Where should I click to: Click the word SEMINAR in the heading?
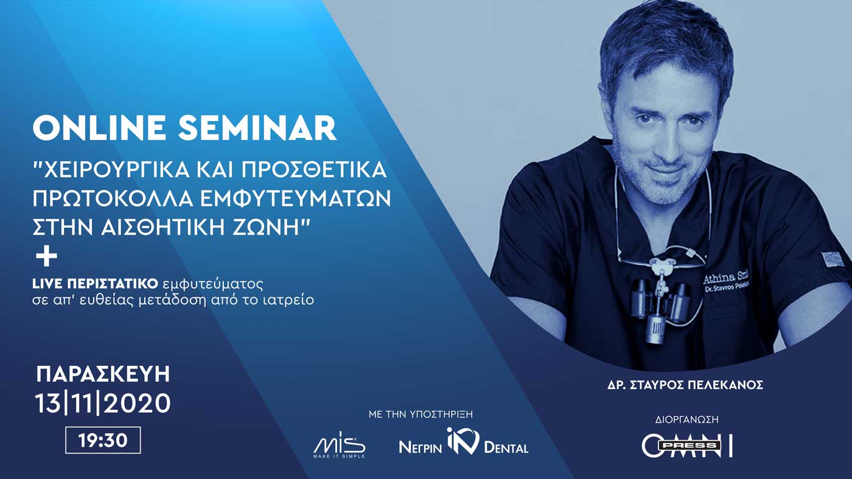257,128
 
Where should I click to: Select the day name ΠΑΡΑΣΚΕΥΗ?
103,374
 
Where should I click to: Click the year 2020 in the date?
137,403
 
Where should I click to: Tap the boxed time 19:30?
103,440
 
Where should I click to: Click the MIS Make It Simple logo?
340,445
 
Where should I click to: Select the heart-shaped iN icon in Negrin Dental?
463,441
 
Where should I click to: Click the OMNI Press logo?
687,446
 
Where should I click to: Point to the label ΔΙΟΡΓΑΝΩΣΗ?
687,420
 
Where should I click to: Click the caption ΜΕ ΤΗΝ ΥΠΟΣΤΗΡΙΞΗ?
421,414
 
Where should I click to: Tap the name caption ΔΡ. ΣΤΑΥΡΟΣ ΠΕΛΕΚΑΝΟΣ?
685,385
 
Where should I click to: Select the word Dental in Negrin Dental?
506,448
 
